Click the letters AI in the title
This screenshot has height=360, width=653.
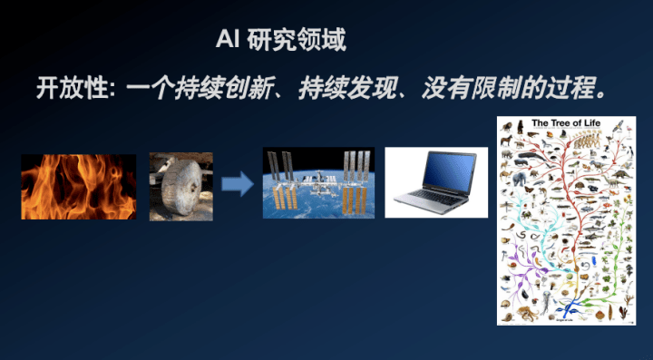tap(227, 41)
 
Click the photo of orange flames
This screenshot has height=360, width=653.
tap(79, 187)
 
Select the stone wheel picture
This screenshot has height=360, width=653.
tap(181, 186)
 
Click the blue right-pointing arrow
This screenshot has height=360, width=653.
tap(238, 185)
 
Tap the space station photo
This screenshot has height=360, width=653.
tap(317, 183)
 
